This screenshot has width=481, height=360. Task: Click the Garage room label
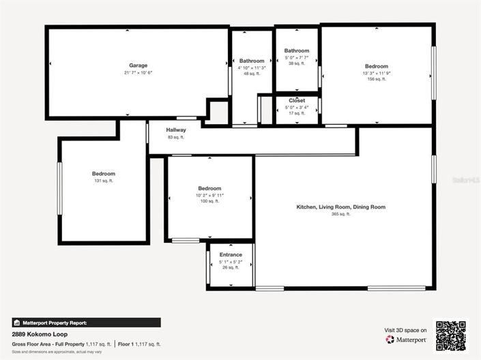[139, 65]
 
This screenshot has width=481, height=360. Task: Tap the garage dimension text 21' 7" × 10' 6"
[139, 72]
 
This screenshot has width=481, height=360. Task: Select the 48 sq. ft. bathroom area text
[251, 74]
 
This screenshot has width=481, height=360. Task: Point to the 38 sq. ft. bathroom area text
[296, 63]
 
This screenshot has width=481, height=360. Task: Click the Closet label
[297, 100]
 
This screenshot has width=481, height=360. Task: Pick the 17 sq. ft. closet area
[297, 112]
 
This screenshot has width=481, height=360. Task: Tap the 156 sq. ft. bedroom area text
[376, 79]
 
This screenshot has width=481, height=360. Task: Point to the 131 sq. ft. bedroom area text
[104, 181]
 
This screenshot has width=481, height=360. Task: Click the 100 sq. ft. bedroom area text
[209, 201]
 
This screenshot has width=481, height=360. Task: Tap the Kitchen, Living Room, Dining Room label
[340, 207]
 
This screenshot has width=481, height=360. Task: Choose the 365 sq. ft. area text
[340, 214]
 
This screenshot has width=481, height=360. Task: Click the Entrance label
[231, 255]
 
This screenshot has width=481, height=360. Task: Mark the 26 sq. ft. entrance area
[231, 267]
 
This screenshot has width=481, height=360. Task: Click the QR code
[451, 335]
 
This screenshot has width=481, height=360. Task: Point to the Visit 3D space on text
[406, 330]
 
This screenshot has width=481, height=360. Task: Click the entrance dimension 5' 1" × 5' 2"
[231, 261]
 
